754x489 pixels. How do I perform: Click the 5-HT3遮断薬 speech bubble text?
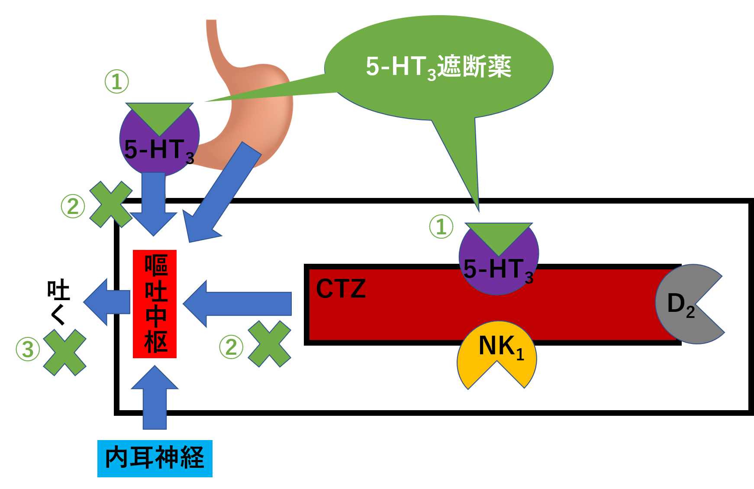pyautogui.click(x=438, y=67)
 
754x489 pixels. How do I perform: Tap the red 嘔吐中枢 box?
pyautogui.click(x=155, y=304)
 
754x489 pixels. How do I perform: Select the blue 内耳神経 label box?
pyautogui.click(x=155, y=458)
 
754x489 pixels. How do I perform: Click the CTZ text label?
pyautogui.click(x=341, y=289)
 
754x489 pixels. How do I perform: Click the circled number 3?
pyautogui.click(x=28, y=349)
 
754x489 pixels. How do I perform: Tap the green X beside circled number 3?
pyautogui.click(x=65, y=352)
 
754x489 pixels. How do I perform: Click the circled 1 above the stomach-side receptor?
pyautogui.click(x=117, y=81)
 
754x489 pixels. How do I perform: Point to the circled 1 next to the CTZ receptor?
pyautogui.click(x=441, y=227)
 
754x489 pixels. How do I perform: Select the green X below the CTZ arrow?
pyautogui.click(x=269, y=344)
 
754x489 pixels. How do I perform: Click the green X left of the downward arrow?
pyautogui.click(x=111, y=204)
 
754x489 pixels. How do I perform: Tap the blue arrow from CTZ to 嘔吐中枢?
pyautogui.click(x=238, y=303)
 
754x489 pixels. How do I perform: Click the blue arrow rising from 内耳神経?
pyautogui.click(x=155, y=398)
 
